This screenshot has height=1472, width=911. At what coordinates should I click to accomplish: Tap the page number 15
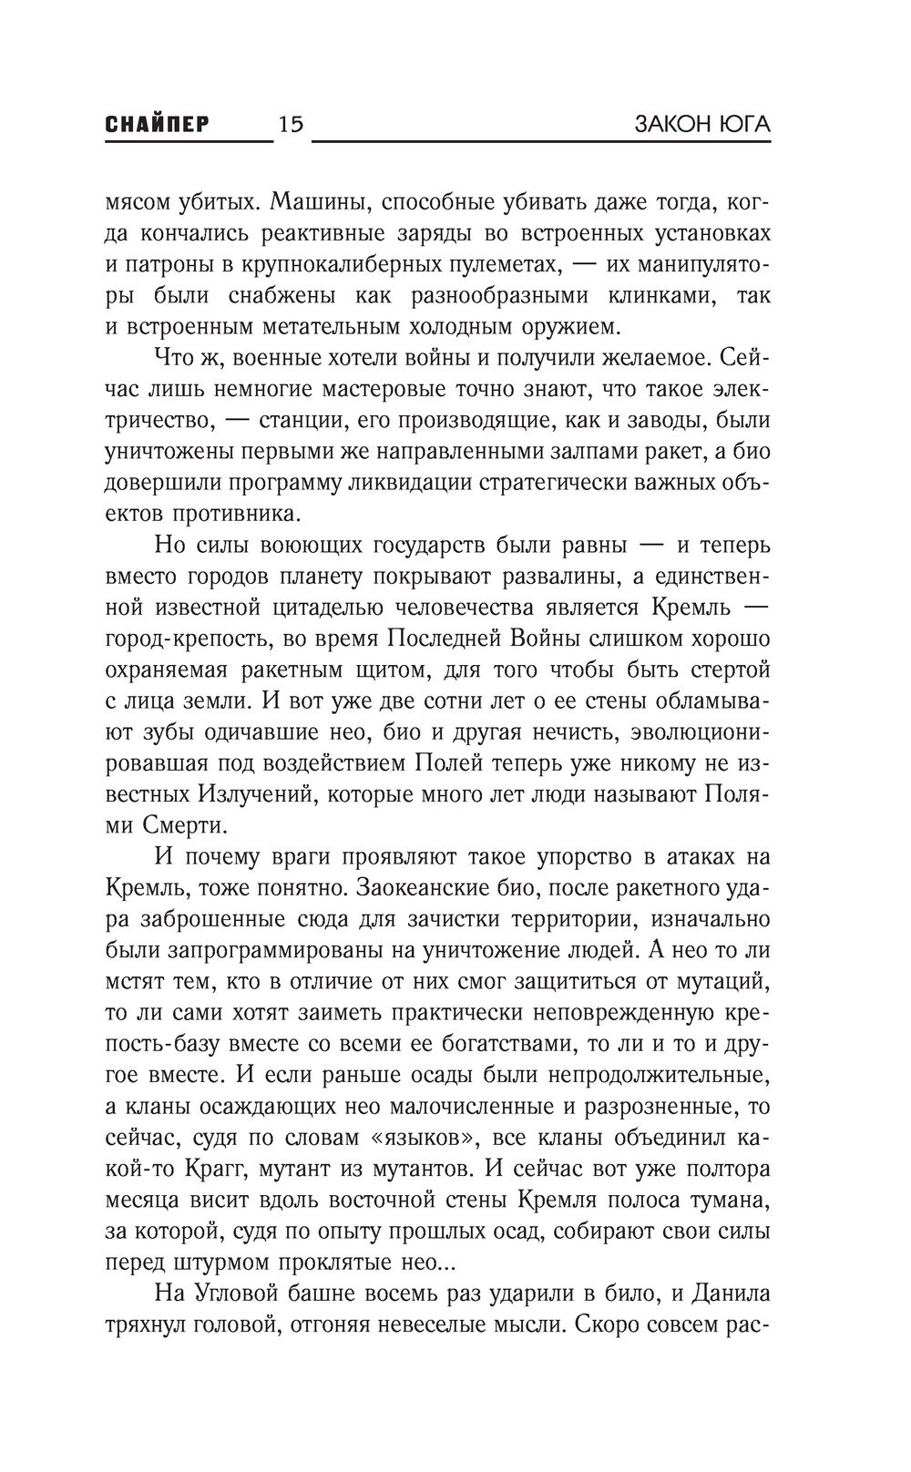click(x=292, y=124)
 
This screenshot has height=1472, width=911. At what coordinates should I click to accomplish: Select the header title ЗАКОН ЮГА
click(x=701, y=124)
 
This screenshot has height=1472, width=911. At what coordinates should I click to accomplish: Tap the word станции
click(x=294, y=421)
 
